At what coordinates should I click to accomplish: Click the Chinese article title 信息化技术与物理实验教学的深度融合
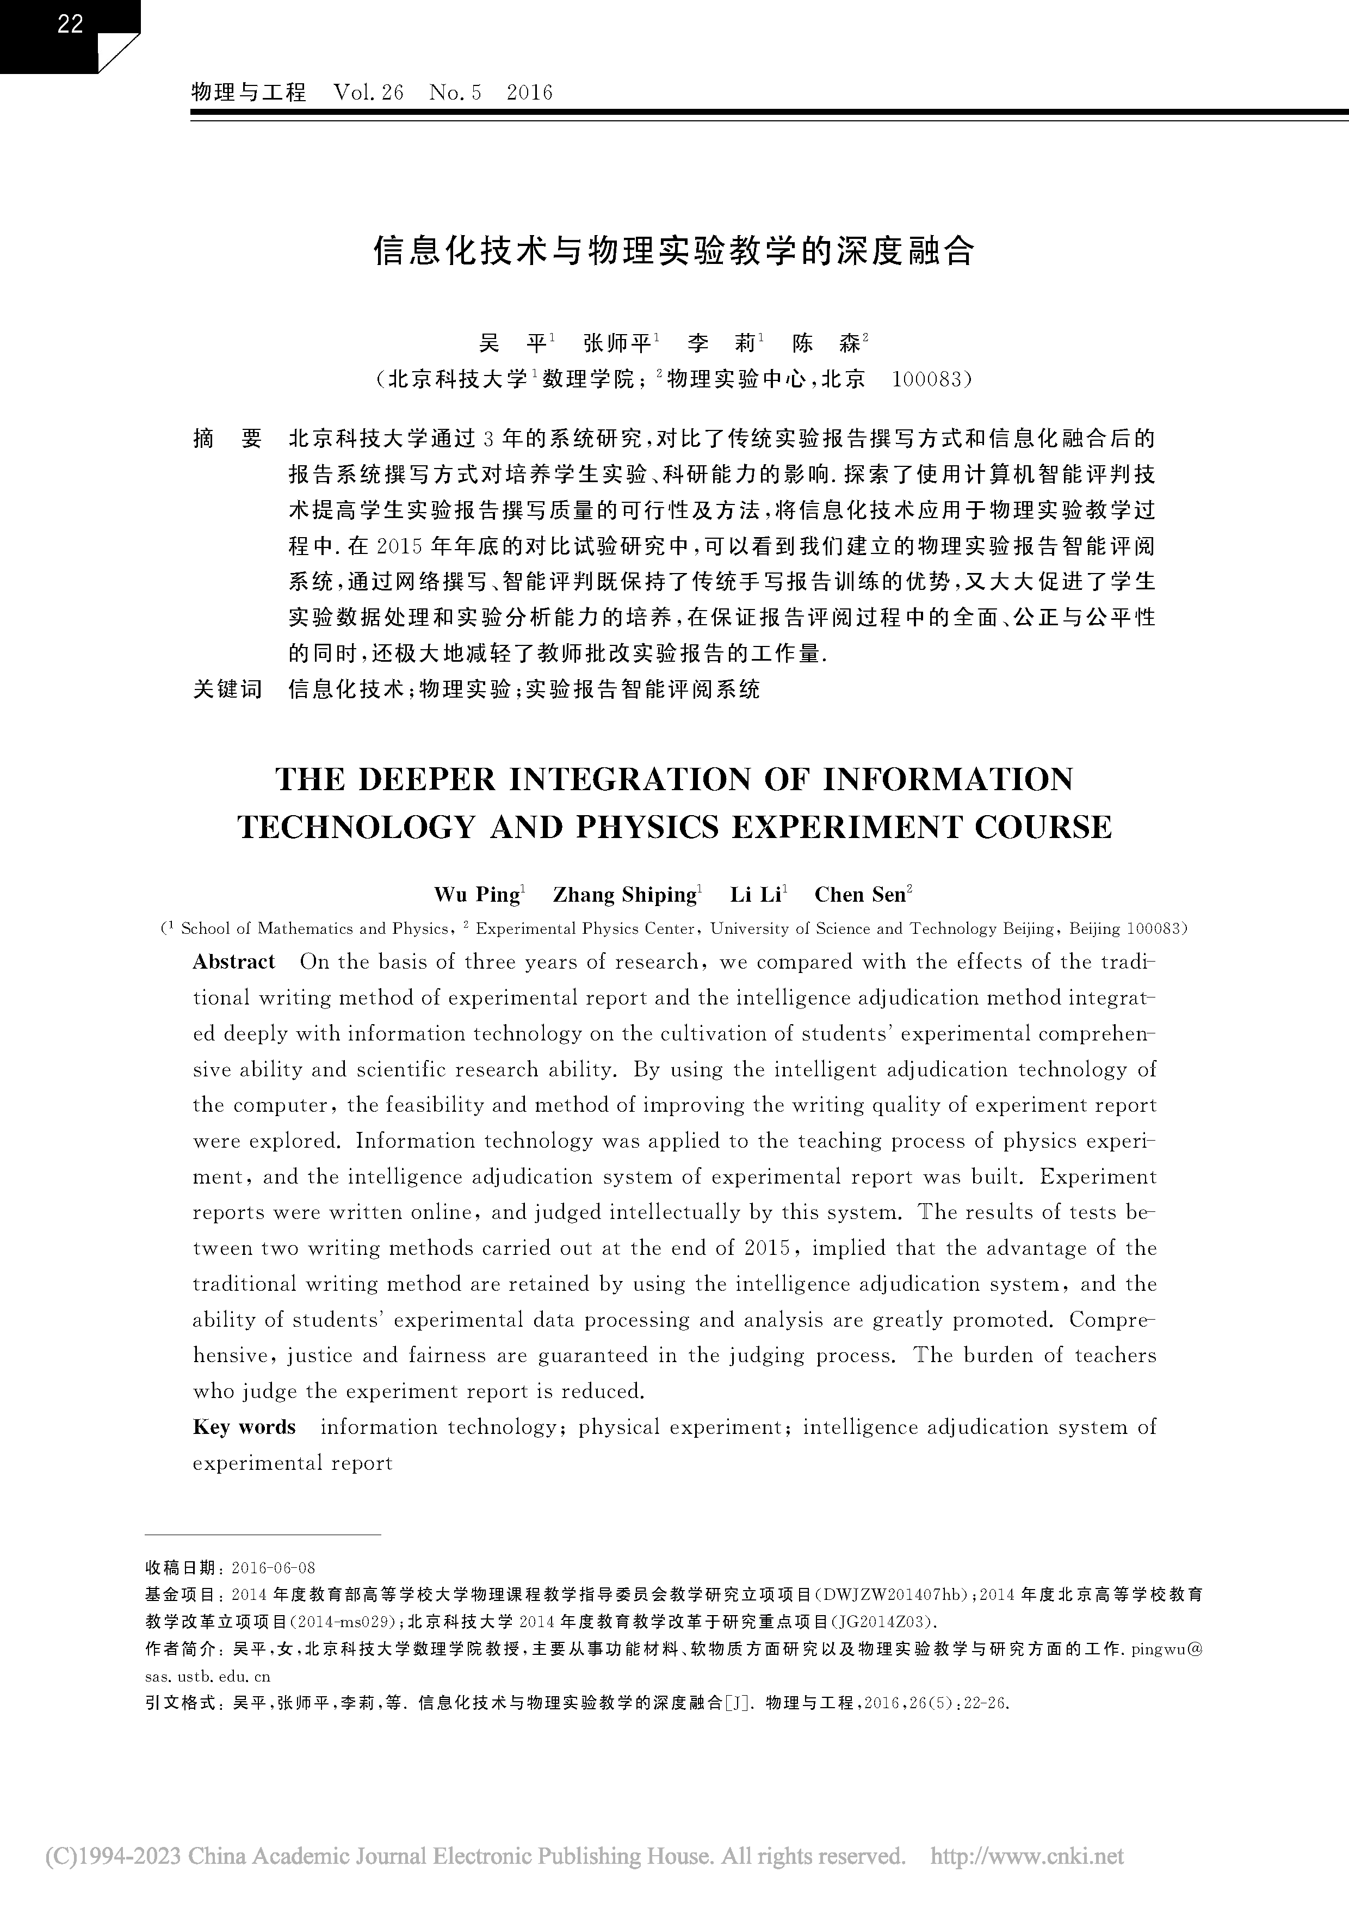coord(673,251)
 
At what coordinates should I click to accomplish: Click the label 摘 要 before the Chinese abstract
coord(227,438)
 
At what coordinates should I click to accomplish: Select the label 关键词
coord(227,688)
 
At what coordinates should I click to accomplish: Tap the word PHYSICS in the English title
coord(665,827)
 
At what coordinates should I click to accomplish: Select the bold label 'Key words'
coord(244,1427)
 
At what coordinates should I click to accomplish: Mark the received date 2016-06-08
coord(274,1568)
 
